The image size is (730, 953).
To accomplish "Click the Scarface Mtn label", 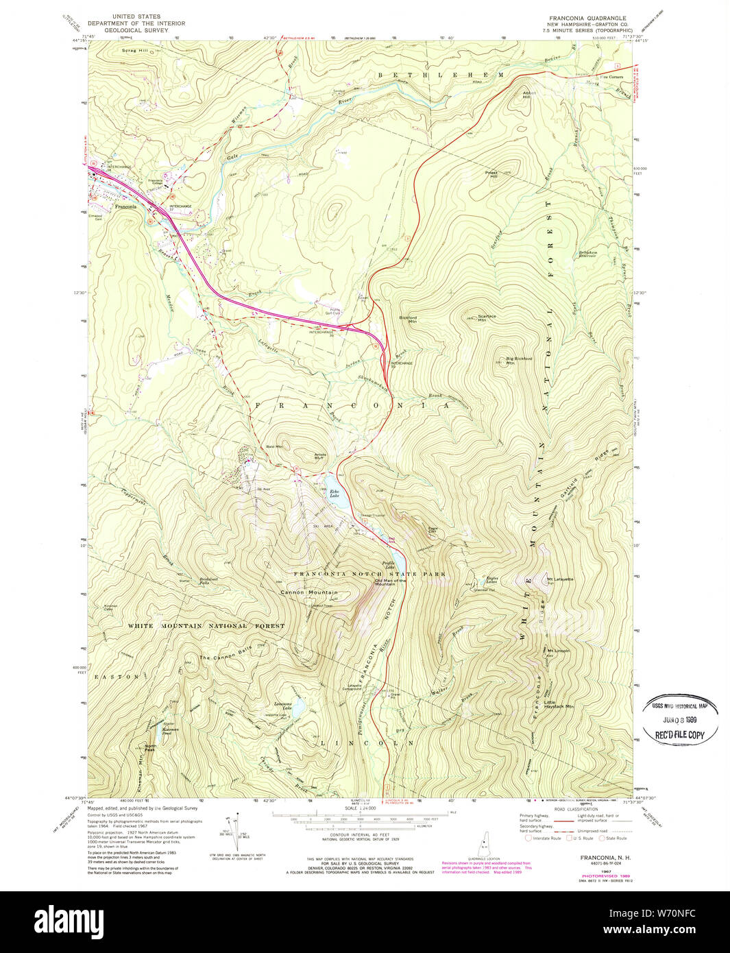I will click(487, 318).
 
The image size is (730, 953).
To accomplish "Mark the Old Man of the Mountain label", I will click(390, 582).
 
